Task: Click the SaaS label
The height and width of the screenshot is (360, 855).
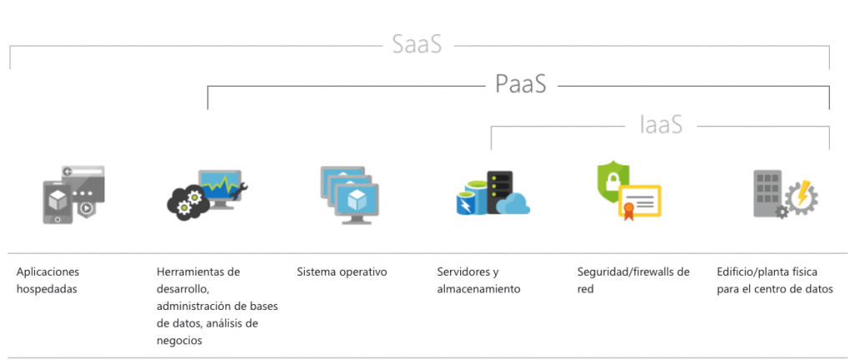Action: (x=417, y=44)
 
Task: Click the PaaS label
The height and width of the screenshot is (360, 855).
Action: (x=520, y=84)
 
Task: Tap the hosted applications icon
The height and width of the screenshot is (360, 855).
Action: (x=73, y=195)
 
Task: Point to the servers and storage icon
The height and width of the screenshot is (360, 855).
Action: (x=493, y=194)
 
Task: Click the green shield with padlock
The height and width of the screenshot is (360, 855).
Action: (x=614, y=183)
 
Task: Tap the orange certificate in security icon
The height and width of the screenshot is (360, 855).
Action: (x=640, y=201)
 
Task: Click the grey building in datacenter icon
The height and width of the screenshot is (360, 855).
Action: (x=766, y=191)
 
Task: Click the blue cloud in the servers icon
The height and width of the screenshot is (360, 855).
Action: (x=512, y=204)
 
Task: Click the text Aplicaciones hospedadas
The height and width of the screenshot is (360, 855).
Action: (x=48, y=281)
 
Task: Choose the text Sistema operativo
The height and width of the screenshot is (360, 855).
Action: (x=341, y=272)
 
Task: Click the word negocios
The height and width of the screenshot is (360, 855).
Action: (x=180, y=340)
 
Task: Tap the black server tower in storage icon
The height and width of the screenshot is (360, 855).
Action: (x=499, y=190)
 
